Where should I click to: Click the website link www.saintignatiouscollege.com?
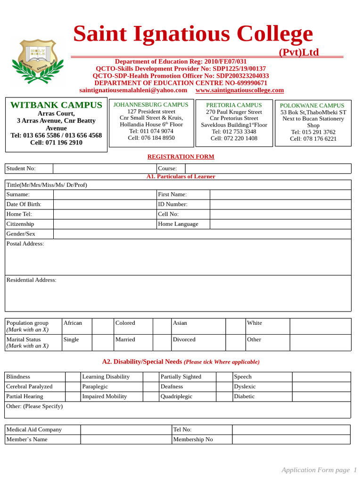(x=239, y=90)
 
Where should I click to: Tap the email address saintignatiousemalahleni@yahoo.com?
(x=133, y=90)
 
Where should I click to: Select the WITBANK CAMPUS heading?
(x=56, y=105)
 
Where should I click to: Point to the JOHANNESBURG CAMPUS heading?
(x=151, y=104)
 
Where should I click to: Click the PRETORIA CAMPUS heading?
(x=234, y=105)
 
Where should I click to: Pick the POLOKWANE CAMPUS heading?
(x=312, y=105)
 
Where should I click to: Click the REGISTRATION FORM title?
(x=181, y=157)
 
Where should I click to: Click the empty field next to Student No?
(x=105, y=169)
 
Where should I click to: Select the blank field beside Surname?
(x=105, y=194)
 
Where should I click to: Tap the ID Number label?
(x=173, y=204)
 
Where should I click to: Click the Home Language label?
(x=178, y=224)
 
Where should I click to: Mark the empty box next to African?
(x=103, y=326)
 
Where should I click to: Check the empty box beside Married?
(x=162, y=343)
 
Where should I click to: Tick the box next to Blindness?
(x=73, y=377)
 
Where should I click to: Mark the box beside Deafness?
(x=224, y=387)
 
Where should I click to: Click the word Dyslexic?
(x=245, y=387)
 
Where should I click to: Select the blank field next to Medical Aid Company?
(x=126, y=430)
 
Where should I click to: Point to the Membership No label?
(x=193, y=440)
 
